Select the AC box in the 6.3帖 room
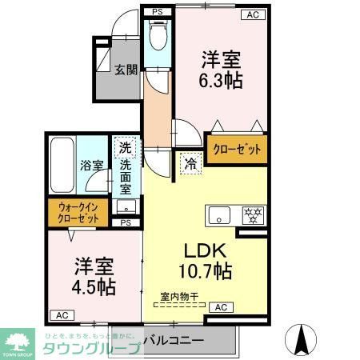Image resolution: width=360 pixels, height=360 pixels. pos(252,14)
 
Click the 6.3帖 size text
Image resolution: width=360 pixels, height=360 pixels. pos(222,81)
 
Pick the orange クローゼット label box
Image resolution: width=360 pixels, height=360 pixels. pos(236,150)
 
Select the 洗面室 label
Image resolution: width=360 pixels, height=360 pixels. pos(126,178)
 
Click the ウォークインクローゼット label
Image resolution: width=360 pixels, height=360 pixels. pos(78,211)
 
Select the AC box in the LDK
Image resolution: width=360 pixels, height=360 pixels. pos(221,307)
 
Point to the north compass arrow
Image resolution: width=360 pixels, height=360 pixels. pos(303,339)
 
